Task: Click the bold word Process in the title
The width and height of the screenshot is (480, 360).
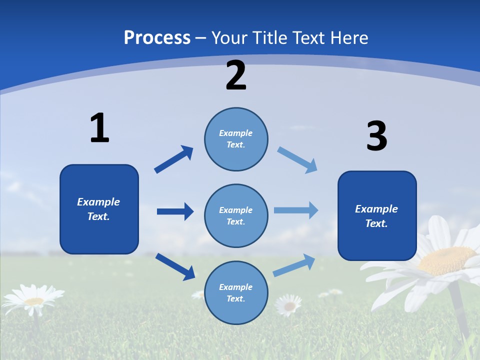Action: click(x=157, y=37)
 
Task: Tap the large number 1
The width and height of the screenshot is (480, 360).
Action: click(x=99, y=128)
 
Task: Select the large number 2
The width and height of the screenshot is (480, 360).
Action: click(x=236, y=75)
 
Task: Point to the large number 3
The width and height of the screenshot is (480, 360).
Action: click(x=376, y=136)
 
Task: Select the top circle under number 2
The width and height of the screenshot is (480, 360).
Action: click(x=236, y=139)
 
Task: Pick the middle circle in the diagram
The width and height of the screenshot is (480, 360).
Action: click(x=236, y=216)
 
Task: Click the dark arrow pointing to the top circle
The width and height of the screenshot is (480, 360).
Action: click(x=173, y=159)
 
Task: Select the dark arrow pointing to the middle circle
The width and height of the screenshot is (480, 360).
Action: click(x=175, y=211)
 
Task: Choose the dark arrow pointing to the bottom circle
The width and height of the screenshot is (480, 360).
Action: click(x=175, y=266)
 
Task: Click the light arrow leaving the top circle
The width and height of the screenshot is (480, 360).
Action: click(x=297, y=160)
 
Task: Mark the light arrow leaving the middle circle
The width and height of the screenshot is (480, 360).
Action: click(x=296, y=210)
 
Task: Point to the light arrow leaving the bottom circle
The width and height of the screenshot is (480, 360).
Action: click(x=294, y=265)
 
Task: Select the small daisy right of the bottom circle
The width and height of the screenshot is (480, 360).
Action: click(x=288, y=304)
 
